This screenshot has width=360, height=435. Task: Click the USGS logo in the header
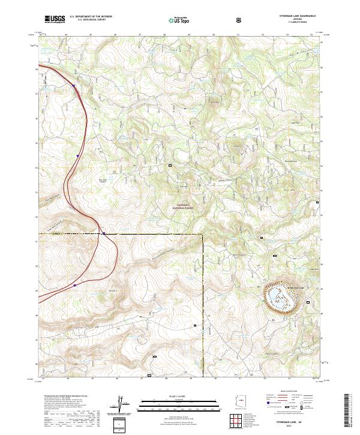54,19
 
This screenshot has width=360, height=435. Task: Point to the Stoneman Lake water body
280,298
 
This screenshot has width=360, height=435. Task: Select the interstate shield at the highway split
104,233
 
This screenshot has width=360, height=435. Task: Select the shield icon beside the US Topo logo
206,19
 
